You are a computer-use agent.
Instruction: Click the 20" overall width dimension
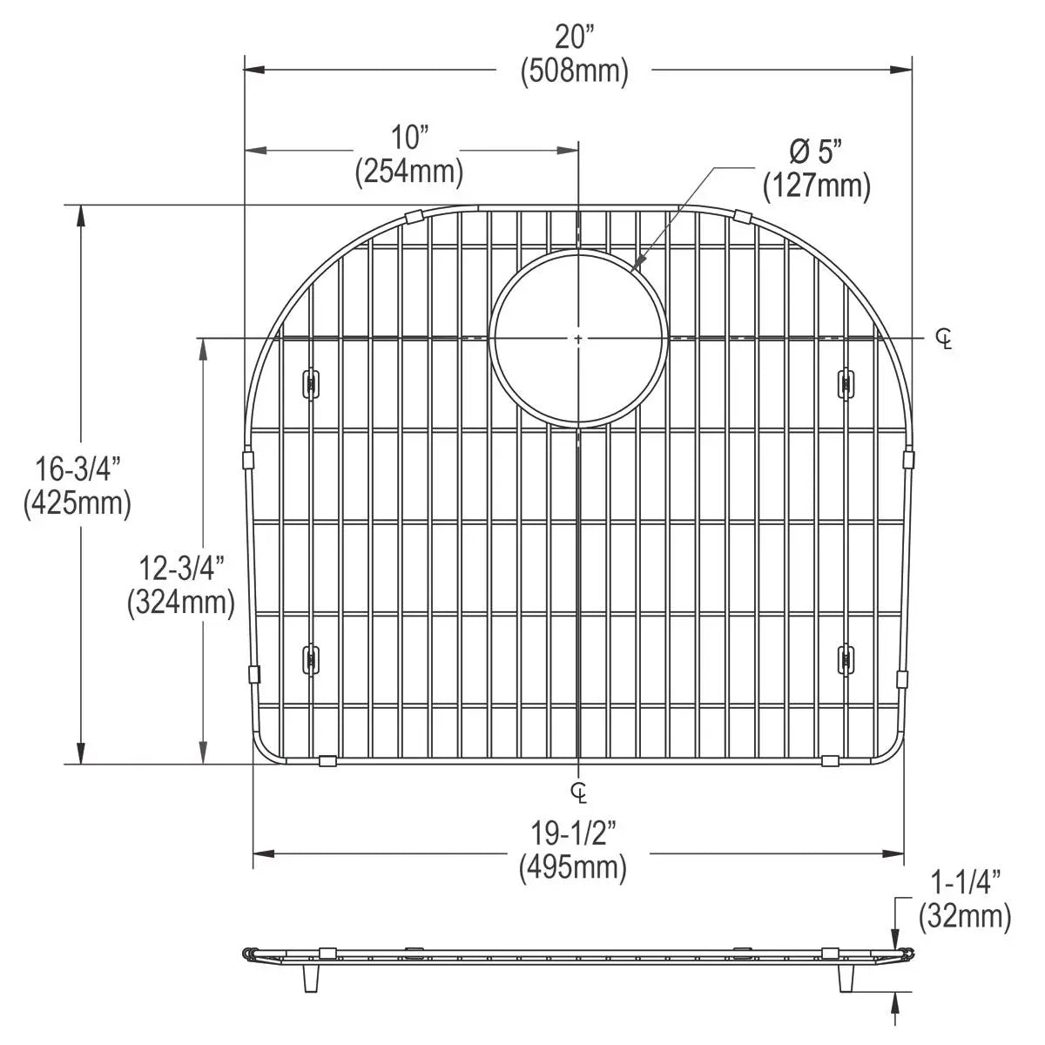[574, 37]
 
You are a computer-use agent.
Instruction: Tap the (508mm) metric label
[574, 71]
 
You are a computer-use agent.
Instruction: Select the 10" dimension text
[409, 138]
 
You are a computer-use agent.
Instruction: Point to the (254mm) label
[409, 172]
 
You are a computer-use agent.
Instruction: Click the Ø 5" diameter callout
[817, 152]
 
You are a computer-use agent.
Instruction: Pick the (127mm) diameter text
[817, 186]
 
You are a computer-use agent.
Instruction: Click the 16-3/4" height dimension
[78, 469]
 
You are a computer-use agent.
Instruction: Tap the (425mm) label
[78, 504]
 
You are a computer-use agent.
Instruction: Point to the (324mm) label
[182, 603]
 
